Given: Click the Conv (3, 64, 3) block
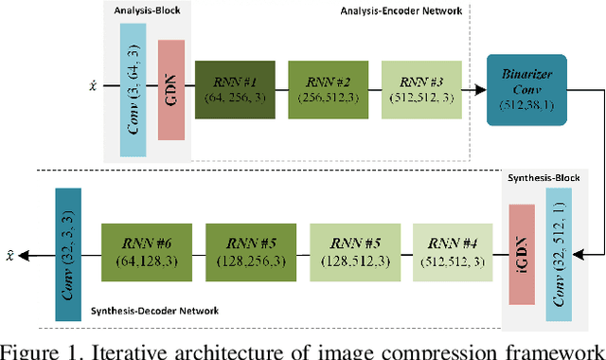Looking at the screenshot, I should [134, 89].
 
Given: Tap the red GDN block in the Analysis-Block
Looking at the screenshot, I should [172, 89].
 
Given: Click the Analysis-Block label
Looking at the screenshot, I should [148, 11].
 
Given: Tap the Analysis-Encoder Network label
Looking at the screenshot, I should [402, 11].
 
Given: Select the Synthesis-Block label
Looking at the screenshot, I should [543, 180].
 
